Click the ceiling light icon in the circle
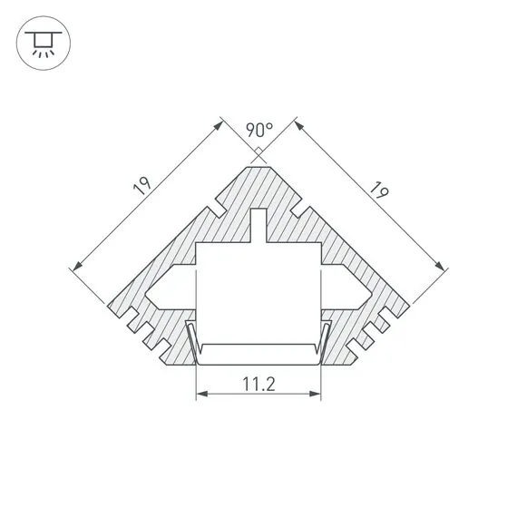39,44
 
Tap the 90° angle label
259,130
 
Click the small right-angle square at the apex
259,151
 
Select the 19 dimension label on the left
141,189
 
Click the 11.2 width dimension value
259,383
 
